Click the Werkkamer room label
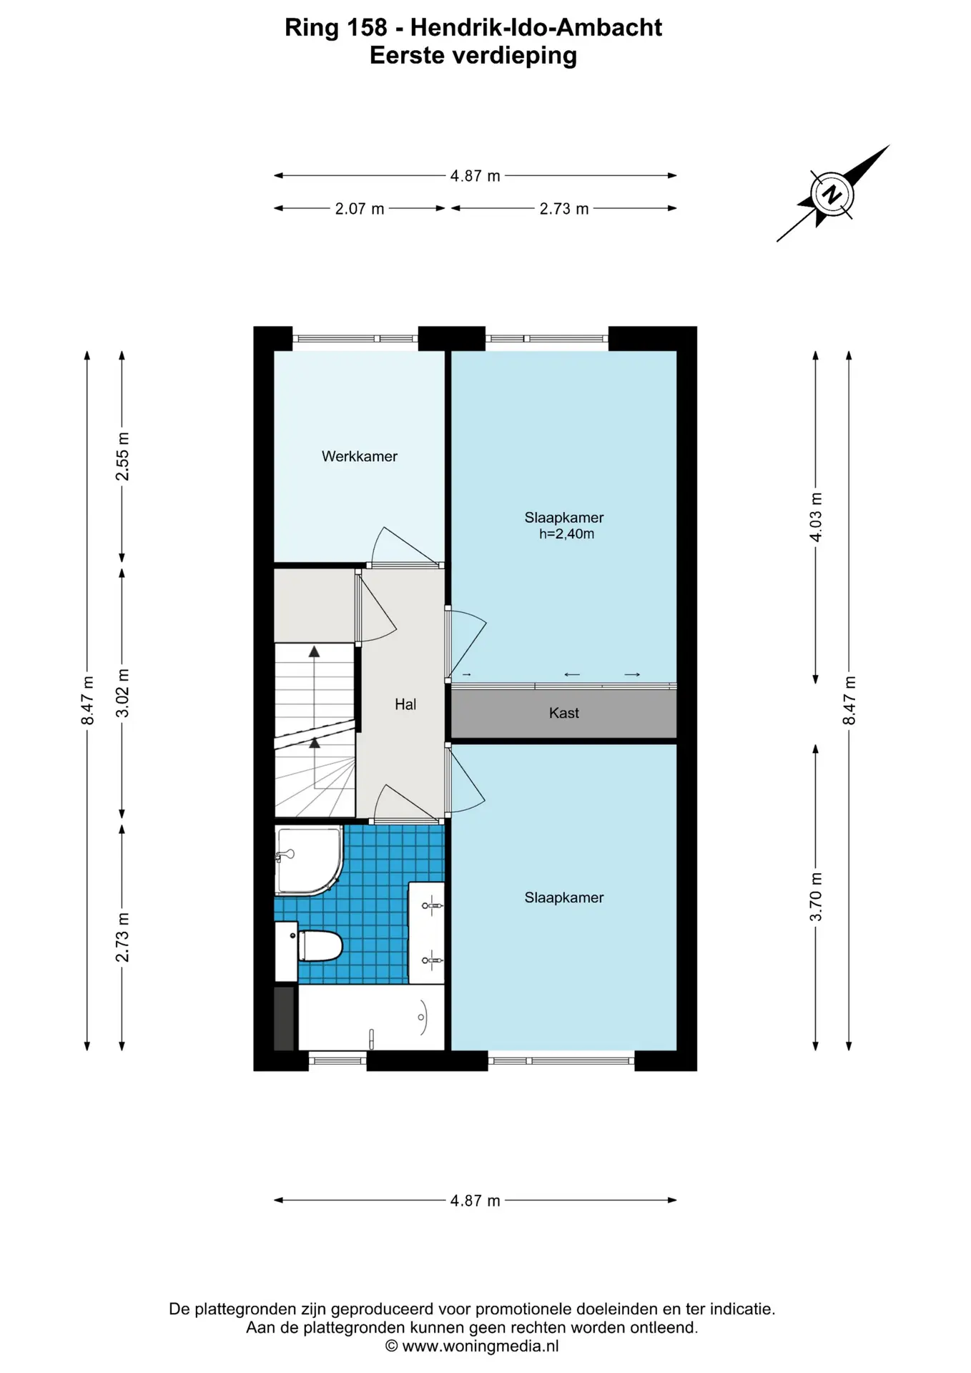click(359, 456)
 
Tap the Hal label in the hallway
click(405, 704)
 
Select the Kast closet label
click(564, 713)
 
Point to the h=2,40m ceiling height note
click(566, 534)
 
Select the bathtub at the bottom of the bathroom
click(371, 1018)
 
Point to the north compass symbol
click(832, 194)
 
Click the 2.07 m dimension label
click(360, 209)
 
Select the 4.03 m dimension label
click(816, 517)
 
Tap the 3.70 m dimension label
click(816, 897)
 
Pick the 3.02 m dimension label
click(123, 693)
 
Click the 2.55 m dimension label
click(123, 456)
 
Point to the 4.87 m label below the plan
click(475, 1201)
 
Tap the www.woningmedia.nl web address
click(480, 1347)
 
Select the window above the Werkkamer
click(355, 338)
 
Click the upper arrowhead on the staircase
click(314, 651)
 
